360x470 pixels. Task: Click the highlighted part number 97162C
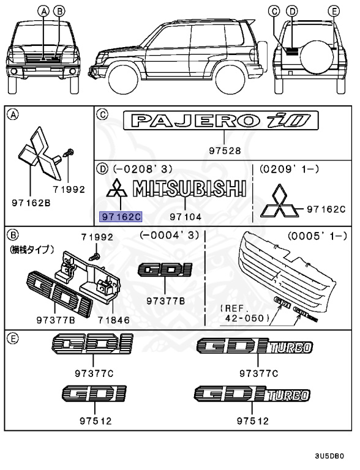(x=121, y=216)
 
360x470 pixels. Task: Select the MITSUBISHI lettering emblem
(x=191, y=189)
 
